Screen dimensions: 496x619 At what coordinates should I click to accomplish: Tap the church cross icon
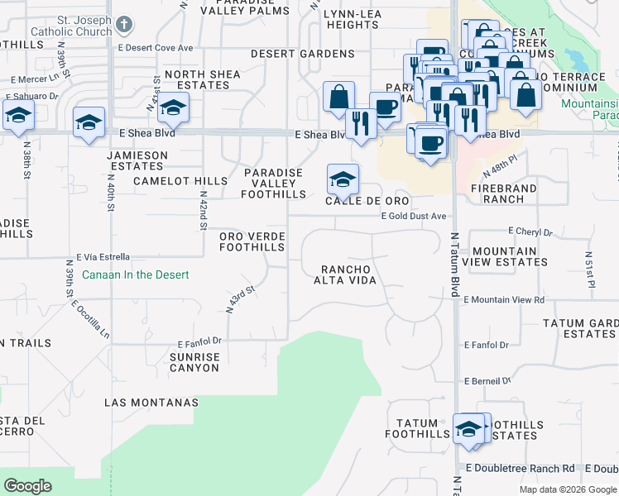pos(124,24)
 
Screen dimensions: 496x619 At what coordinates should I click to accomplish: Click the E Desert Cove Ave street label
pos(159,48)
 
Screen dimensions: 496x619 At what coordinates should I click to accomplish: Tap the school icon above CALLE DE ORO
pos(343,178)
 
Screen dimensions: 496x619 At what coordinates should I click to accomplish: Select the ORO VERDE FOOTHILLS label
pos(252,241)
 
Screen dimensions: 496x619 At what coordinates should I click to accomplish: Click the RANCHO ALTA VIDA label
pos(349,274)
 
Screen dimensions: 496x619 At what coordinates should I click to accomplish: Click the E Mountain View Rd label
pos(504,300)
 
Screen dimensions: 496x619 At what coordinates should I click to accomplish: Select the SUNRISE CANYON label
pos(194,362)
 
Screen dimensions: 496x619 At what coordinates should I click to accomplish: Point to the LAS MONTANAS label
pos(151,403)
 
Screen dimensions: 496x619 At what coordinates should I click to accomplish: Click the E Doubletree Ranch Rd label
pos(520,468)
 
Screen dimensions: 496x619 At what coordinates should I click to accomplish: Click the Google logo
pos(28,486)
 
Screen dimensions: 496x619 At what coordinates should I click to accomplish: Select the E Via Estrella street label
pos(104,257)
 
